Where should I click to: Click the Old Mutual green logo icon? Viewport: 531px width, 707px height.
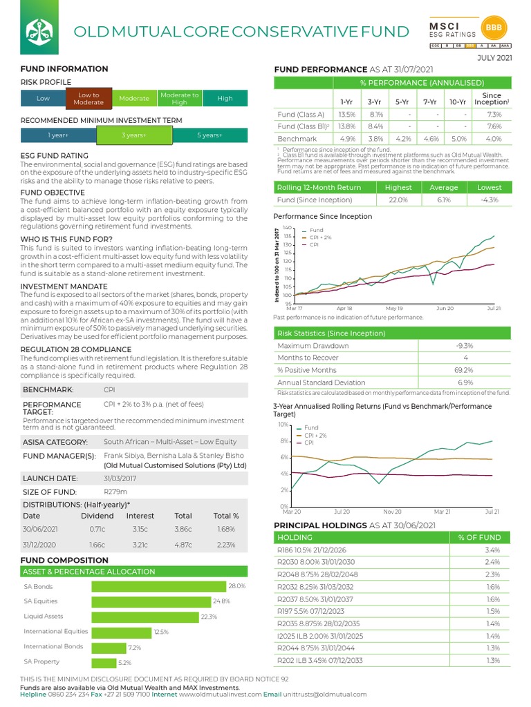[x=37, y=30]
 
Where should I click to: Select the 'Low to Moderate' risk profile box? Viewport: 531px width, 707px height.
[x=88, y=99]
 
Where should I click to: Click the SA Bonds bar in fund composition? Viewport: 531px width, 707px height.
[x=159, y=586]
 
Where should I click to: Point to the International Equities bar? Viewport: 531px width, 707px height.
[x=121, y=632]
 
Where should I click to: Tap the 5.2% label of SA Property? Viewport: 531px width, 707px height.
[x=124, y=663]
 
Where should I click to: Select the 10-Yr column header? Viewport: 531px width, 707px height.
[x=457, y=101]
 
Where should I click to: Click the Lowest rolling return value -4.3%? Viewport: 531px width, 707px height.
[x=490, y=200]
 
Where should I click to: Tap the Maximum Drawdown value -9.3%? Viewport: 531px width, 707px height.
[x=465, y=345]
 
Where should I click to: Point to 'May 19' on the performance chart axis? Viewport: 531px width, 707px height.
[x=394, y=309]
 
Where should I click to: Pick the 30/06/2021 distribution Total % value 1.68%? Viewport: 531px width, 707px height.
[x=226, y=530]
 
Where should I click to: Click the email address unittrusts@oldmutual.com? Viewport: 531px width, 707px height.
[x=325, y=695]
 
